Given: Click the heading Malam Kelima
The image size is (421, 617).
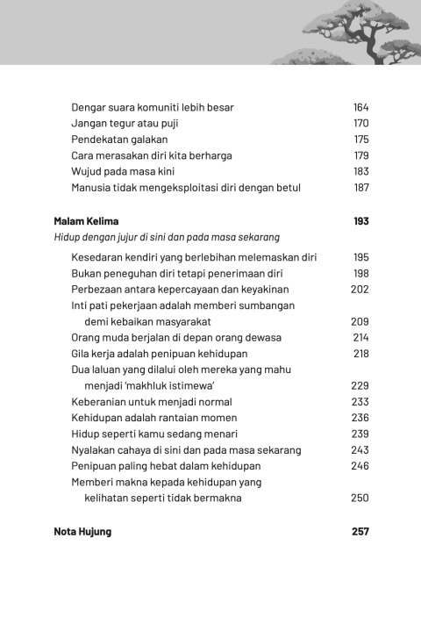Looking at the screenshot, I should coord(86,221).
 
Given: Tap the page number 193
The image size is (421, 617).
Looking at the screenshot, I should coord(360,221).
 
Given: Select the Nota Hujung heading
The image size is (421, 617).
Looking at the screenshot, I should coord(82,531).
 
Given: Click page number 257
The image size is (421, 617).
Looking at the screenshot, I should coord(360,531).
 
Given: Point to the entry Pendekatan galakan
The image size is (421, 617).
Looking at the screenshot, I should coord(119,140).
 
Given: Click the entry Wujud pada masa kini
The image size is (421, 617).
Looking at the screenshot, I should coord(122,172).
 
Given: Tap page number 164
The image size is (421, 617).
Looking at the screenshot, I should coord(360,107).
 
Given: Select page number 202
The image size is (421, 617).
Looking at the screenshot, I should coord(360,289).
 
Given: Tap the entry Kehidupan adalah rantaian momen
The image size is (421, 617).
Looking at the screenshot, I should coord(153,418).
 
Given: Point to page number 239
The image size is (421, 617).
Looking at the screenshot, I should coord(360,434).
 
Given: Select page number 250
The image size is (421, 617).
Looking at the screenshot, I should coord(360,498).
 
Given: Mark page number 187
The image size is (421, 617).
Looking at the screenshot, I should coord(360,188).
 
